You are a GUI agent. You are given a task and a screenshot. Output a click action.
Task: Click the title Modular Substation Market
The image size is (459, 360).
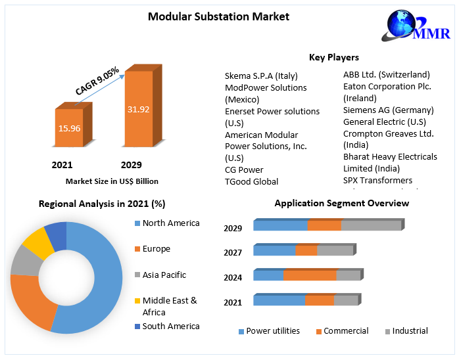tap(218, 16)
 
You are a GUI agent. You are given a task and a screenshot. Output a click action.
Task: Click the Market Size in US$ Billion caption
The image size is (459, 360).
tap(112, 181)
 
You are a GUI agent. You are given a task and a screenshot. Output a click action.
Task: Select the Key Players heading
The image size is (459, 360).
tap(333, 57)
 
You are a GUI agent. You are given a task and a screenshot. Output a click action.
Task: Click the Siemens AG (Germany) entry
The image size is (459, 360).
tap(388, 110)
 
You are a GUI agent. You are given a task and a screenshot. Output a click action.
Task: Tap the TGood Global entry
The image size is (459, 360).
tap(251, 181)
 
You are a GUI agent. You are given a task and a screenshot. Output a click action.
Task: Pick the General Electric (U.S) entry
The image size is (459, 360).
tap(384, 122)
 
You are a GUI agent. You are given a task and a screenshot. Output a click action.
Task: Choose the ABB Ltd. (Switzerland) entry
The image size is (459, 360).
tap(386, 74)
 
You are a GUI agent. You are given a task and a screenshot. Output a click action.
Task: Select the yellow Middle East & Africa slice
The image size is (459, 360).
tap(38, 242)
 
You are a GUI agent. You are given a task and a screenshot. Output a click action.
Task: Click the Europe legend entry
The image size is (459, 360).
tap(156, 249)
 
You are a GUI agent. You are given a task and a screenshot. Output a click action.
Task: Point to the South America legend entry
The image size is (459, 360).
tap(170, 326)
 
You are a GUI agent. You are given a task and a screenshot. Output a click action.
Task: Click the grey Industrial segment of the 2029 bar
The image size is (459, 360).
tap(371, 225)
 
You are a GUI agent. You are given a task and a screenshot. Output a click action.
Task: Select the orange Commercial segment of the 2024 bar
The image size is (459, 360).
tap(310, 275)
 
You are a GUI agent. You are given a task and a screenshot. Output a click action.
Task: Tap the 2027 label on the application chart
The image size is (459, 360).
tap(233, 252)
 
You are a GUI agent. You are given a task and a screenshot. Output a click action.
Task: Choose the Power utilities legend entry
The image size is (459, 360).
tap(272, 331)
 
